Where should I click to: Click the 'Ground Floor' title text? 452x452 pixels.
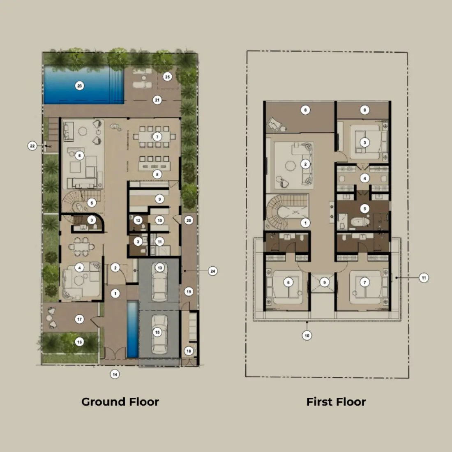pyautogui.click(x=120, y=402)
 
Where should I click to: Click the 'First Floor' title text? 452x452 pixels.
pyautogui.click(x=336, y=402)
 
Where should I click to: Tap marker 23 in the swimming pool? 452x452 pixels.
pyautogui.click(x=80, y=86)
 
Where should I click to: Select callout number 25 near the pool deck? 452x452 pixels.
pyautogui.click(x=167, y=76)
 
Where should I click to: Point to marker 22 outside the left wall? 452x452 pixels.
pyautogui.click(x=32, y=146)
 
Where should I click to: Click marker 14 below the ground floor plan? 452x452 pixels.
pyautogui.click(x=115, y=374)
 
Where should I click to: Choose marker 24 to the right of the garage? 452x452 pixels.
pyautogui.click(x=212, y=271)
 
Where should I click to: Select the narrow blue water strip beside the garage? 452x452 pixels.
pyautogui.click(x=132, y=329)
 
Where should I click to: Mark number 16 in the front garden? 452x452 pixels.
pyautogui.click(x=80, y=342)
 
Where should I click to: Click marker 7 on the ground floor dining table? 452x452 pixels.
pyautogui.click(x=157, y=137)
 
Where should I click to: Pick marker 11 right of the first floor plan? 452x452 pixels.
pyautogui.click(x=424, y=278)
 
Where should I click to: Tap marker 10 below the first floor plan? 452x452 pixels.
pyautogui.click(x=307, y=335)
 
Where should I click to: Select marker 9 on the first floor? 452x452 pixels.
pyautogui.click(x=324, y=283)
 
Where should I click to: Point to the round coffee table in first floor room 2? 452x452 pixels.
pyautogui.click(x=290, y=166)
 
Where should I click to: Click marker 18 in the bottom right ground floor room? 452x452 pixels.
pyautogui.click(x=189, y=351)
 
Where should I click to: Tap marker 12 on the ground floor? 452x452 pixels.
pyautogui.click(x=138, y=221)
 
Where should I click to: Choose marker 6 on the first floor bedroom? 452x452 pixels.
pyautogui.click(x=288, y=282)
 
